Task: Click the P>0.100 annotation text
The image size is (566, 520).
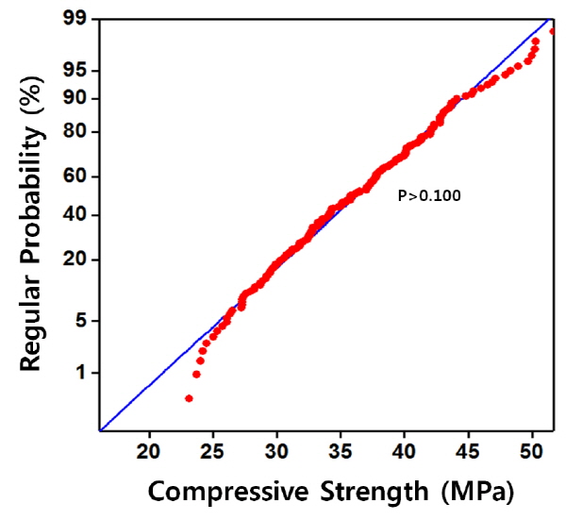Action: [x=428, y=196]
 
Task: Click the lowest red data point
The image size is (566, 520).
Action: [x=189, y=398]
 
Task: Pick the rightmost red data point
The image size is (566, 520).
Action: [x=553, y=31]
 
